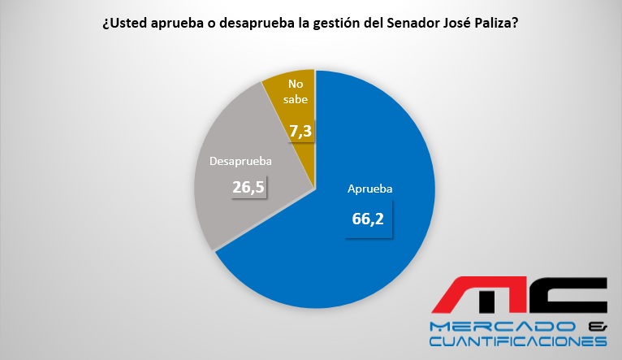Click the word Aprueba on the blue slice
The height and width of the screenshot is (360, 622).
pyautogui.click(x=369, y=189)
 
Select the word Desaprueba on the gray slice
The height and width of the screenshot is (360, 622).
pyautogui.click(x=240, y=161)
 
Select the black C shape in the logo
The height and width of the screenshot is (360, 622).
pyautogui.click(x=568, y=297)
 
